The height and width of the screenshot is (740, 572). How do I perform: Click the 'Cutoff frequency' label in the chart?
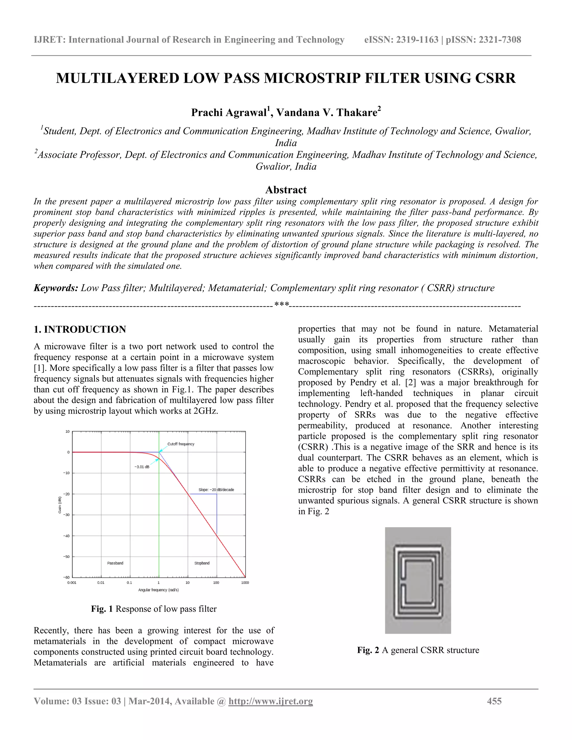coord(181,444)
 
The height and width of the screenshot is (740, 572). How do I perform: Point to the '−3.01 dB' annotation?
coord(142,467)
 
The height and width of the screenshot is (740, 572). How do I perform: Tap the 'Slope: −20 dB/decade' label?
coord(216,490)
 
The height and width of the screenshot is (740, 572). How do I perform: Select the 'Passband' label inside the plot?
coord(115,563)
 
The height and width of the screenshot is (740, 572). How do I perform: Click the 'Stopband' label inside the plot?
coord(202,563)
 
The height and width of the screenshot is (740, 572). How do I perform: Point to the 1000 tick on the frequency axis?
coord(245,583)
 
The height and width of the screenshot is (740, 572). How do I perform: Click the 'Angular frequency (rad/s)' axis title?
coord(159,590)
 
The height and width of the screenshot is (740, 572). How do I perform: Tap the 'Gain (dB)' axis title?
coord(60,505)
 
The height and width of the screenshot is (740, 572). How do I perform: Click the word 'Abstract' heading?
coord(286,190)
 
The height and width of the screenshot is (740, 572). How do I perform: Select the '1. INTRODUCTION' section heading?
coord(80,329)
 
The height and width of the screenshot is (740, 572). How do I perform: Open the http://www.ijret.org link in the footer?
coord(271,701)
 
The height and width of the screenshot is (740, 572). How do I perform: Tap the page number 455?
coord(494,701)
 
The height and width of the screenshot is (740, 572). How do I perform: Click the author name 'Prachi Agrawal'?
coord(229,113)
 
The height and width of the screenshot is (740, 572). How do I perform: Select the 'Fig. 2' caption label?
coord(368,650)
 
